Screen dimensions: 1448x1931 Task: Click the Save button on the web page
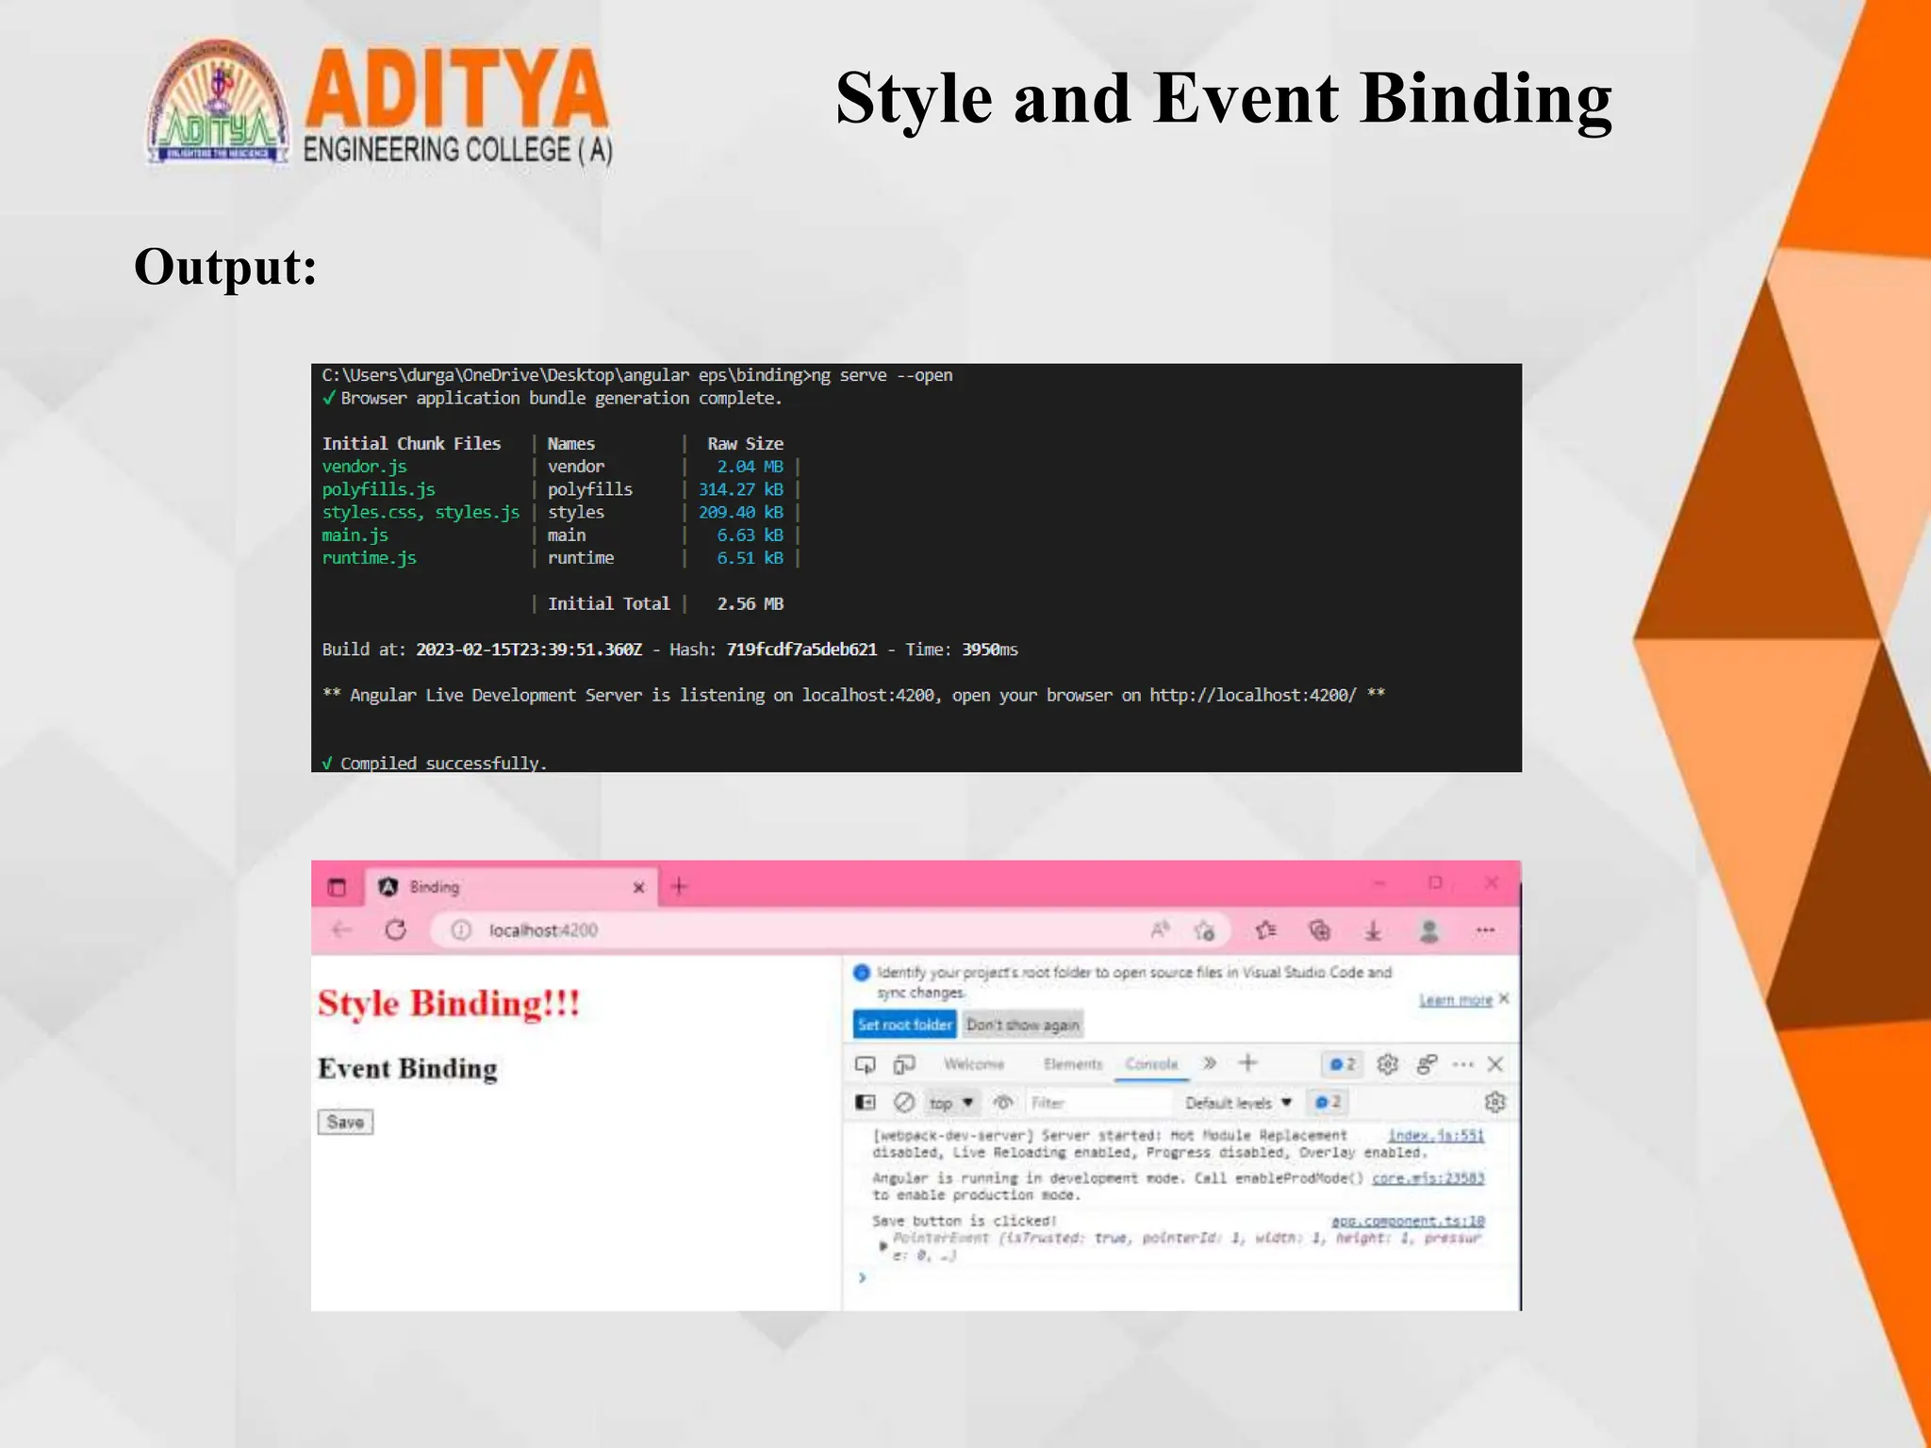(345, 1122)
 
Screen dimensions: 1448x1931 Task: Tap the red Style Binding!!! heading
(449, 1003)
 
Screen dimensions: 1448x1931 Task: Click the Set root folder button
(904, 1025)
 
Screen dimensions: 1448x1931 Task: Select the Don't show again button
(1022, 1025)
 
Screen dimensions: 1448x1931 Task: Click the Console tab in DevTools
(1151, 1064)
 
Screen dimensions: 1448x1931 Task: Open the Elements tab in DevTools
(1073, 1064)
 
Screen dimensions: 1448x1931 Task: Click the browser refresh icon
(396, 930)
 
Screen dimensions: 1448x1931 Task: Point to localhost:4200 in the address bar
(543, 930)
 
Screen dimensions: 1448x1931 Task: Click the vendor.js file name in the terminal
(365, 467)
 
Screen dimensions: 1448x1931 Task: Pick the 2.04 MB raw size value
(750, 467)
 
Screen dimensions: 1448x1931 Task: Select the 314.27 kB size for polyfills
(741, 489)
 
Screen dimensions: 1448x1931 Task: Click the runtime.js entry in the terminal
(370, 558)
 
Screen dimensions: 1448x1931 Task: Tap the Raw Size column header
(745, 444)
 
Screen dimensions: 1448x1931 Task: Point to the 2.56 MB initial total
(750, 603)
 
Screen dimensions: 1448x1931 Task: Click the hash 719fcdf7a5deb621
(801, 650)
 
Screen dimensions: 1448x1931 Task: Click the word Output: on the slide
(225, 267)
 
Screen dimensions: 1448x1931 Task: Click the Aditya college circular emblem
(218, 104)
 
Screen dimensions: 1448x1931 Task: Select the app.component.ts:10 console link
(1408, 1222)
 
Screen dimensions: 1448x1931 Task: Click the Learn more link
(1455, 999)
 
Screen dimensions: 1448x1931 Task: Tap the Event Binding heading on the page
(407, 1069)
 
